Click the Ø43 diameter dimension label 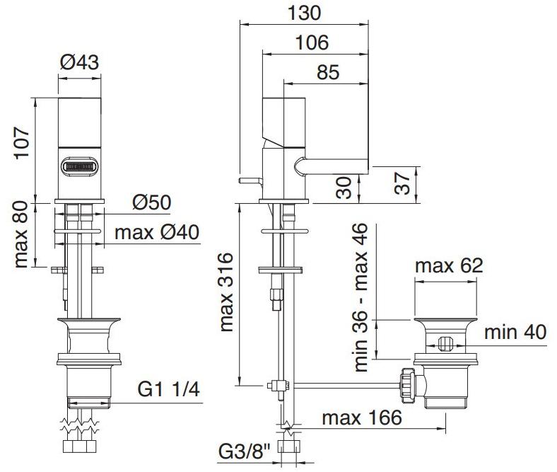(79, 62)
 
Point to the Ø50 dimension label (151, 202)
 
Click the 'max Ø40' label (157, 232)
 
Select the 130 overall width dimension (305, 13)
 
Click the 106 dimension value (312, 42)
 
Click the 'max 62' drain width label (448, 266)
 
